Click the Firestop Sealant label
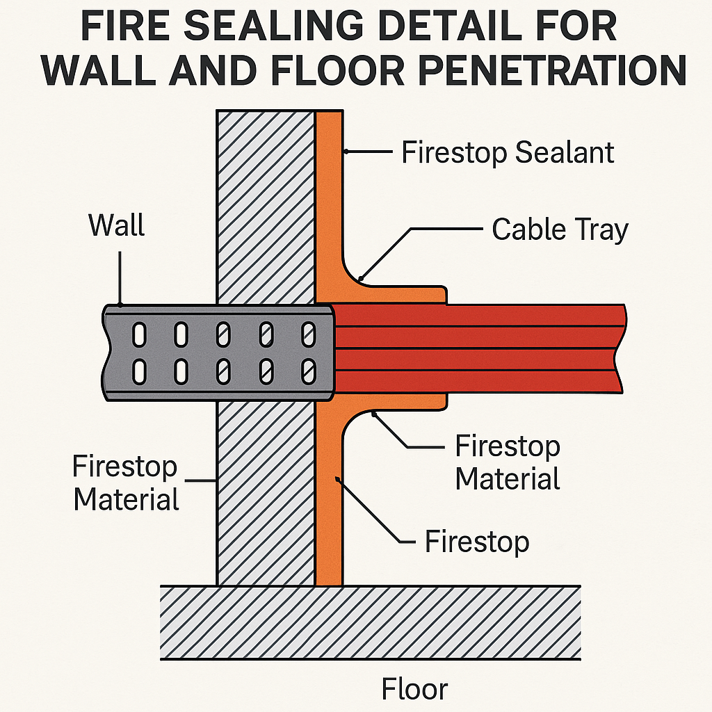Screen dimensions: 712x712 (508, 152)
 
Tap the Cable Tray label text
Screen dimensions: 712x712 (560, 229)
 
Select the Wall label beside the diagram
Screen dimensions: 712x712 (117, 225)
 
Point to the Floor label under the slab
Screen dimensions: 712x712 (414, 689)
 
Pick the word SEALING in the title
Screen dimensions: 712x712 (265, 28)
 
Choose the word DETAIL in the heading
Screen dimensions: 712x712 (444, 28)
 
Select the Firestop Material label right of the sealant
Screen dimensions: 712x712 (508, 462)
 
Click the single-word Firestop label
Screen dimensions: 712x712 (477, 541)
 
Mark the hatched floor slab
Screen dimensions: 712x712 (370, 622)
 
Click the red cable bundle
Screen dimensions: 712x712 (480, 348)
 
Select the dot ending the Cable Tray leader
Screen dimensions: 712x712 (360, 279)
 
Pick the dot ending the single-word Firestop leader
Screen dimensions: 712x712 (337, 478)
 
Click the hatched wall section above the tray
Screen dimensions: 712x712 (265, 209)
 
